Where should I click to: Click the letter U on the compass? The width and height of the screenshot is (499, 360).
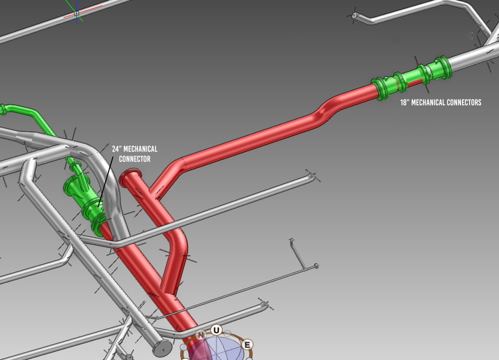point(216,330)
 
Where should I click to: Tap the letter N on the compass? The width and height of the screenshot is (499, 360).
point(200,335)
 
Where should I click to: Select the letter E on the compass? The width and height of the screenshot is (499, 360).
point(247,344)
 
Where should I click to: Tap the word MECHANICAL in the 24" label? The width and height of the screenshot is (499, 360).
point(141,149)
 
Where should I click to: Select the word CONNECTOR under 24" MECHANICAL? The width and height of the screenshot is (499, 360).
point(134,159)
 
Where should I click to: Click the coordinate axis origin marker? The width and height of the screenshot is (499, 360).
point(76,13)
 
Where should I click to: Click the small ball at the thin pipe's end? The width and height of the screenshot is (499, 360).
point(316,265)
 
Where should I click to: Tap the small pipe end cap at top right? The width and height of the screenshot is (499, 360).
point(354,16)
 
